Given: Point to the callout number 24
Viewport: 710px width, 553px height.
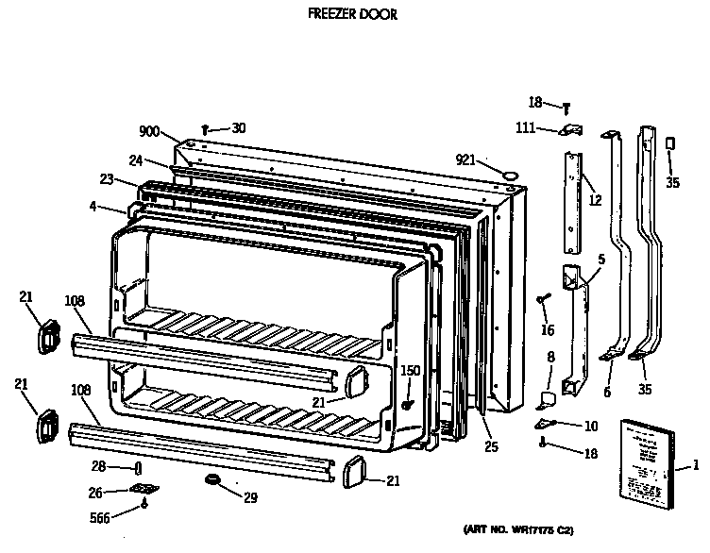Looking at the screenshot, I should click(135, 159).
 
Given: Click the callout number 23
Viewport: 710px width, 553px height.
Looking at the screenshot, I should click(106, 178).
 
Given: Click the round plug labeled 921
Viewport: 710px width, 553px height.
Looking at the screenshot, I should click(510, 175).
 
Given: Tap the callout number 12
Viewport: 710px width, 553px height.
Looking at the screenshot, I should click(594, 199).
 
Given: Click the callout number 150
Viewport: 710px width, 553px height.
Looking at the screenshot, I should click(411, 371).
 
